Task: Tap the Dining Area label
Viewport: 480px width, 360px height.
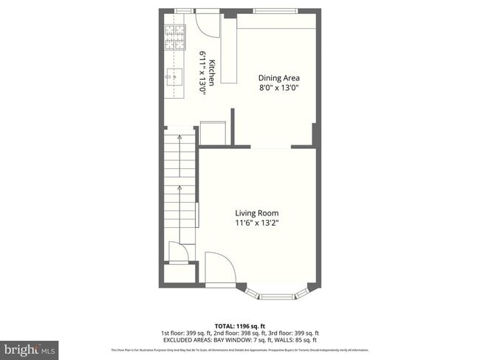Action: tap(279, 77)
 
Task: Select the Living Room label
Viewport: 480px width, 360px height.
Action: tap(257, 212)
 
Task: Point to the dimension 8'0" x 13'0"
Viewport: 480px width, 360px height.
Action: tap(279, 88)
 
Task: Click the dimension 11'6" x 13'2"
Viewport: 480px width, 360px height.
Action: tap(257, 223)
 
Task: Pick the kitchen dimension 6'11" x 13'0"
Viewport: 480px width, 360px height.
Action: tap(202, 73)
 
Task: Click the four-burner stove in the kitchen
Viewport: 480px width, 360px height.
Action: tap(176, 38)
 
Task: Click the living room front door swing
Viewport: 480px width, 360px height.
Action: tap(219, 268)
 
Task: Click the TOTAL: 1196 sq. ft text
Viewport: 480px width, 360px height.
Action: tap(240, 325)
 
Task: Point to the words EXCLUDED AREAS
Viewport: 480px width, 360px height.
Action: tap(195, 340)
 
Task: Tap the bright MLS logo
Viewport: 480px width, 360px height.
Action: tap(30, 347)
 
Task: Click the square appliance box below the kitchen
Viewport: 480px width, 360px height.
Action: tap(213, 132)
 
